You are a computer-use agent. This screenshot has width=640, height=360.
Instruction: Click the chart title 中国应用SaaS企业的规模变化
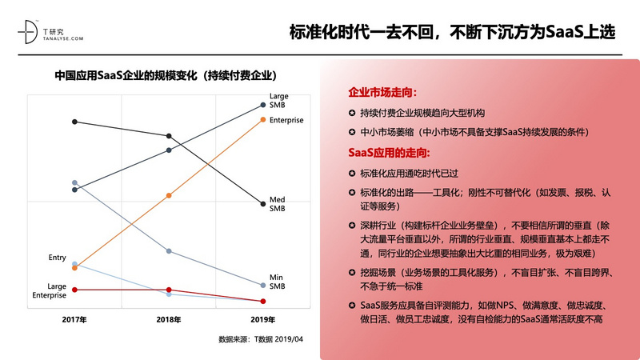[x=166, y=77]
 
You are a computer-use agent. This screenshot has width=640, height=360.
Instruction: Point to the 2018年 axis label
[x=169, y=319]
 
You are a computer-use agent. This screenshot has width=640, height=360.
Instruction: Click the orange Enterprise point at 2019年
[x=264, y=119]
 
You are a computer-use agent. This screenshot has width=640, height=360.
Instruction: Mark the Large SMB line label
[x=278, y=101]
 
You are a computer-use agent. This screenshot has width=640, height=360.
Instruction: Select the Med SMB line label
[x=278, y=204]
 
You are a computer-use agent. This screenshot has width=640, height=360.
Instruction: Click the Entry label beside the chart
[x=57, y=258]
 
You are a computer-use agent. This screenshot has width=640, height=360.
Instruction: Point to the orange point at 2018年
[x=169, y=195]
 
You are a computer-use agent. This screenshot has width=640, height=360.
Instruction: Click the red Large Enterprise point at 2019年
[x=264, y=301]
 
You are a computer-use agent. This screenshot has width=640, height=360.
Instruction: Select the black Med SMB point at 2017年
[x=74, y=122]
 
